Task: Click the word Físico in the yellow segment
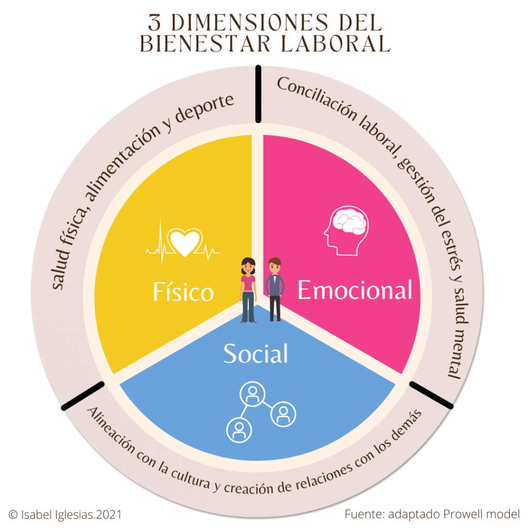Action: tap(183, 292)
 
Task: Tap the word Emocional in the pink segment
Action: tap(355, 290)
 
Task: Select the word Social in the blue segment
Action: tap(255, 354)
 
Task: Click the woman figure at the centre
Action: tap(248, 290)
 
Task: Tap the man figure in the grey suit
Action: tap(274, 289)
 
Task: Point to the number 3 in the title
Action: tap(154, 22)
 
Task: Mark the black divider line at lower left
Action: tap(83, 396)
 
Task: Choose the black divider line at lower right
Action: tap(431, 395)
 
